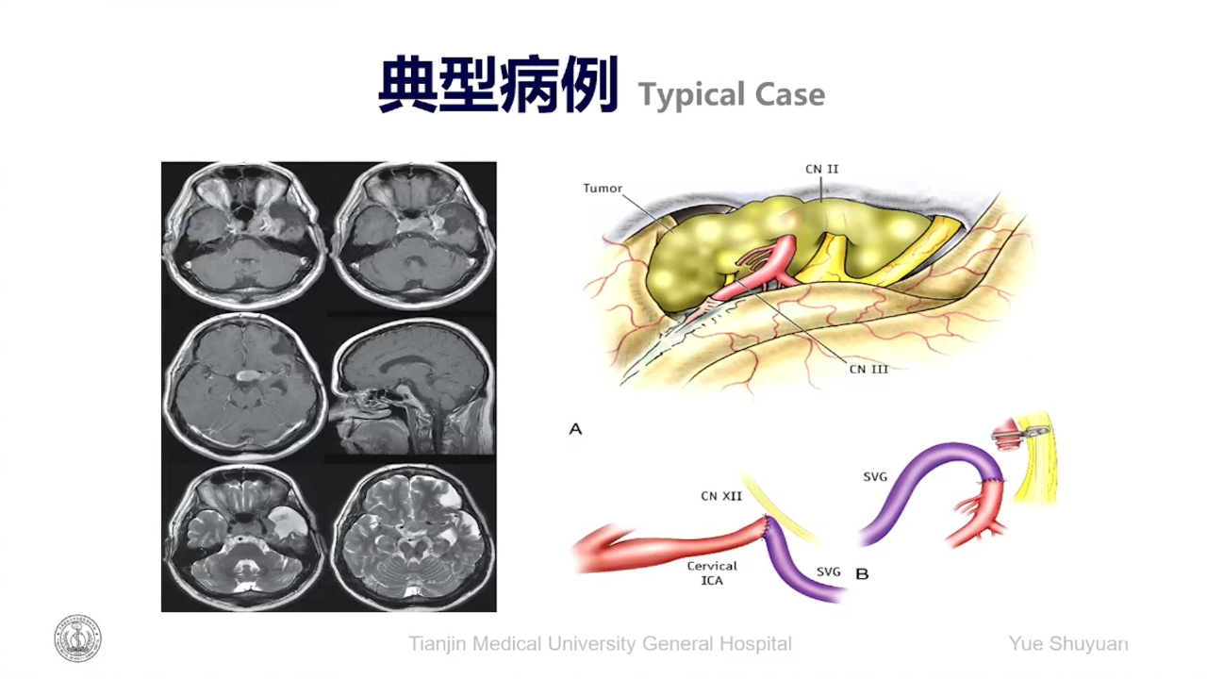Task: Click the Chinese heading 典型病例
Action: pyautogui.click(x=498, y=85)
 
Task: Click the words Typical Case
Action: pyautogui.click(x=732, y=95)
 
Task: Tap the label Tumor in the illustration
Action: pyautogui.click(x=603, y=189)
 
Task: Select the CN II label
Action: pyautogui.click(x=821, y=169)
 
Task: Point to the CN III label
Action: pyautogui.click(x=868, y=369)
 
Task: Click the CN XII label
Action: pyautogui.click(x=721, y=496)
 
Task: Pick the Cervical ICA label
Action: pyautogui.click(x=712, y=572)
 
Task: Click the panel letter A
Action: pyautogui.click(x=575, y=429)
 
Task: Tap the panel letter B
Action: pyautogui.click(x=862, y=574)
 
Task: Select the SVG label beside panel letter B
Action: pyautogui.click(x=828, y=571)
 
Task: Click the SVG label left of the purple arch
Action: pyautogui.click(x=874, y=477)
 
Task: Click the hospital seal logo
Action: pyautogui.click(x=77, y=638)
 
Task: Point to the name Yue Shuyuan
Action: pyautogui.click(x=1068, y=643)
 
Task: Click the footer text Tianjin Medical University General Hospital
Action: pyautogui.click(x=600, y=643)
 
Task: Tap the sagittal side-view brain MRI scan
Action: pyautogui.click(x=412, y=387)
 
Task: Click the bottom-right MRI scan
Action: pyautogui.click(x=413, y=538)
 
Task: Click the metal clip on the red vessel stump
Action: pyautogui.click(x=1035, y=431)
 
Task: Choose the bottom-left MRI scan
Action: pyautogui.click(x=245, y=538)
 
